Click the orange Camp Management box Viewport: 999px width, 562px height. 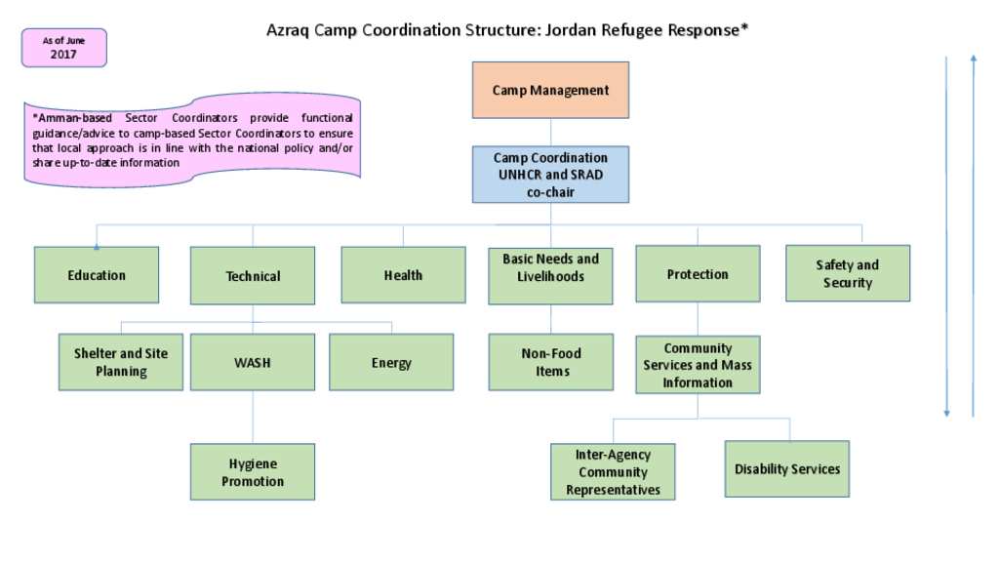pos(550,90)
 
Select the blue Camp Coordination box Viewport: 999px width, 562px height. pos(550,175)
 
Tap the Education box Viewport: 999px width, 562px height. pos(97,274)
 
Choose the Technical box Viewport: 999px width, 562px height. pos(253,275)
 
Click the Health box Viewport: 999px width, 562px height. pos(403,274)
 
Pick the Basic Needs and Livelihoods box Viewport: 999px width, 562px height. pos(550,276)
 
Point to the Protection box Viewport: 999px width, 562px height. pos(698,273)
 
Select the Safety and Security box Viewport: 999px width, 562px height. pos(848,273)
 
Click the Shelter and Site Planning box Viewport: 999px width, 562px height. pos(120,362)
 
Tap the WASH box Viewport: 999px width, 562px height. pos(253,362)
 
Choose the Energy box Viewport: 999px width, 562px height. pos(391,362)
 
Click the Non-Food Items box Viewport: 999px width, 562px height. pos(551,362)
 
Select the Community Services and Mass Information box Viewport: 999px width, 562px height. pos(698,365)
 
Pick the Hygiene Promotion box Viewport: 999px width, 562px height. pos(253,471)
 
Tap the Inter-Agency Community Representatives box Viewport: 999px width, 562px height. pos(613,471)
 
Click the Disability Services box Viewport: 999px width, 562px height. pos(787,468)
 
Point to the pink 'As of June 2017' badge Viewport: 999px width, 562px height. pos(63,48)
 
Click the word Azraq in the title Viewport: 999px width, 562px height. pos(288,30)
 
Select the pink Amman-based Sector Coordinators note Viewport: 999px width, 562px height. pos(192,140)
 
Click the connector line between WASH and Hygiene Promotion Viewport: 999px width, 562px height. pos(253,417)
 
